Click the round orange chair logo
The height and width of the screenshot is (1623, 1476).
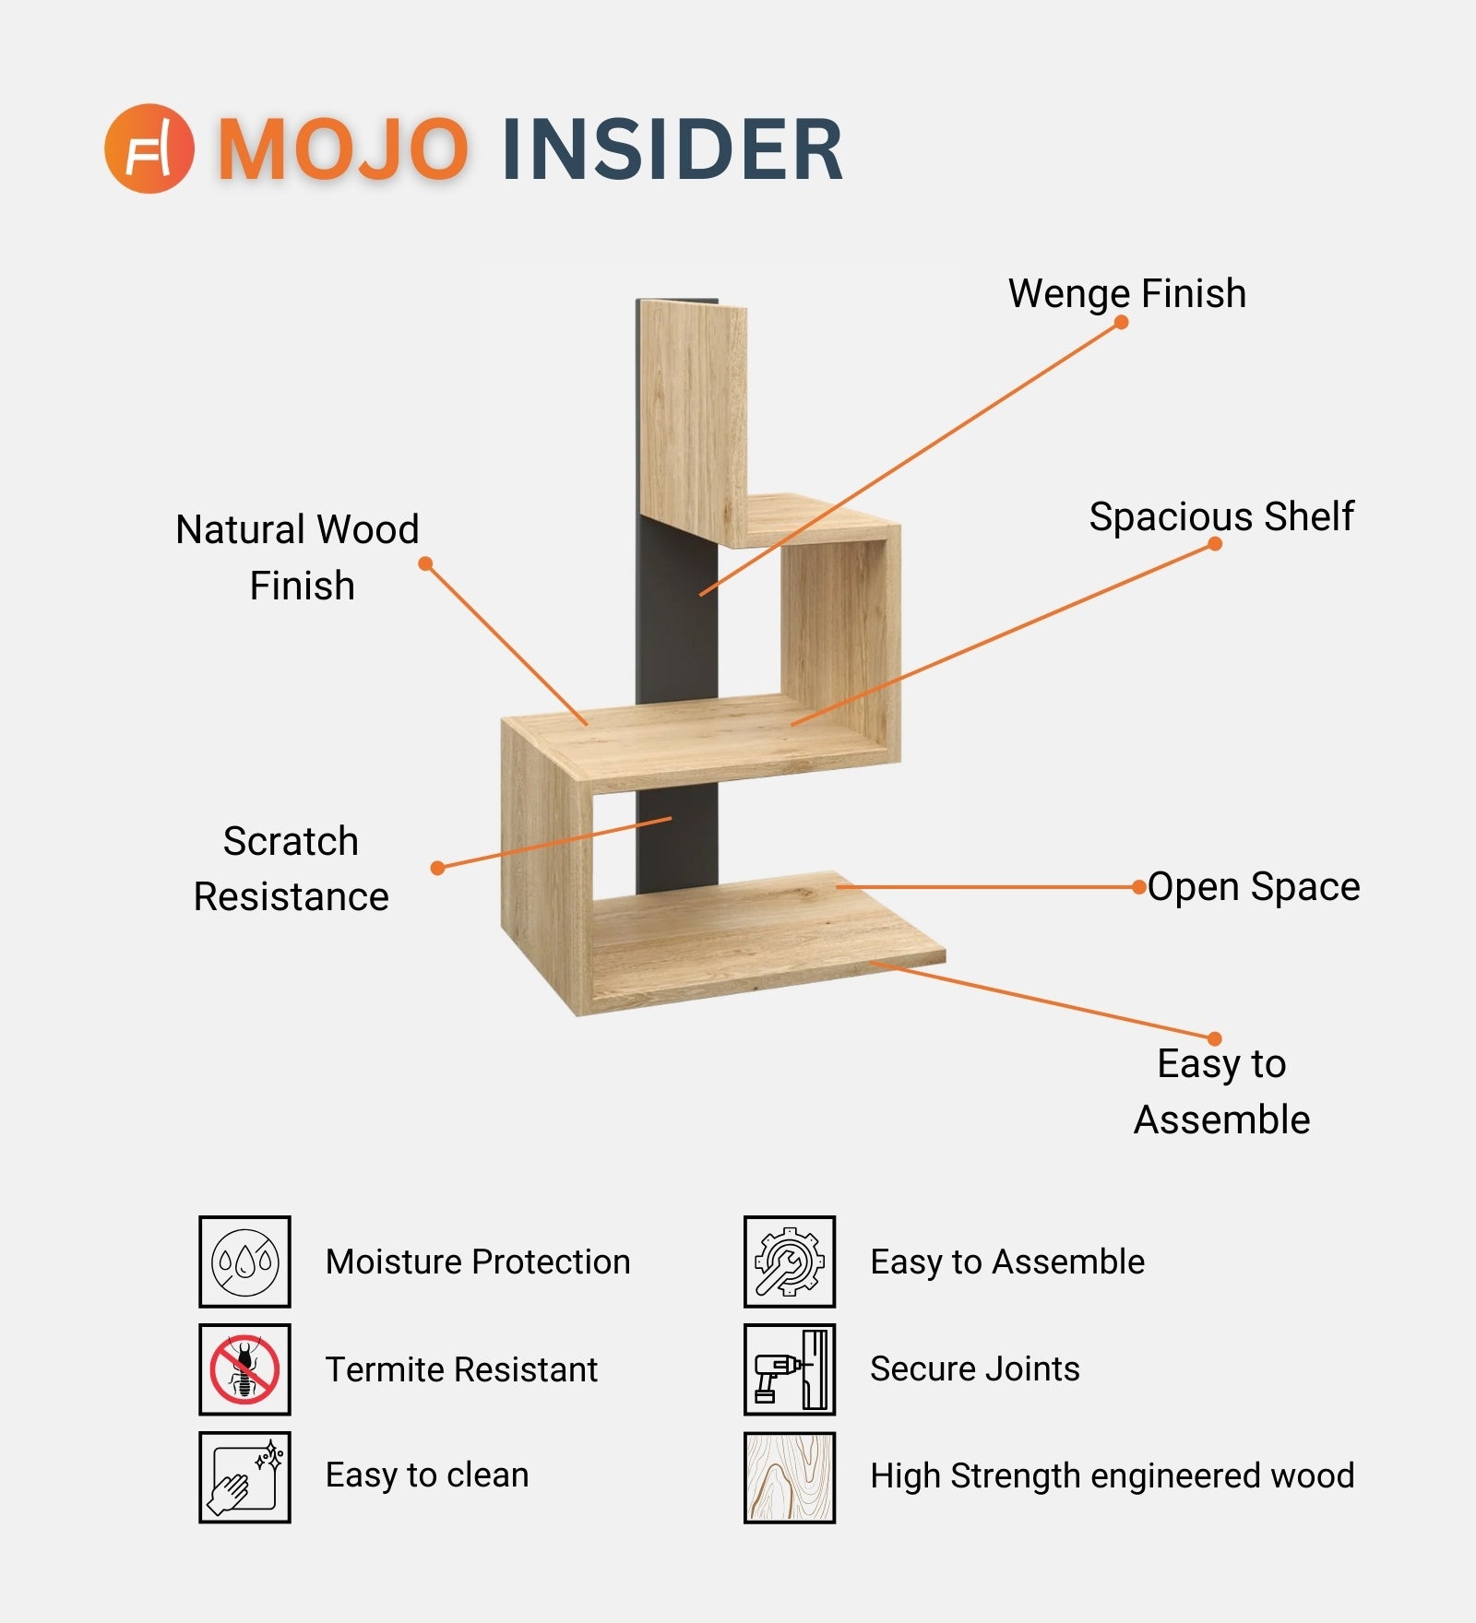(x=149, y=148)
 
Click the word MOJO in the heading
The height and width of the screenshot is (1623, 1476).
(x=342, y=149)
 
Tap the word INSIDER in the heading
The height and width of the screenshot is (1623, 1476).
(x=673, y=149)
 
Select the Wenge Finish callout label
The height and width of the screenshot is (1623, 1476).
(x=1126, y=293)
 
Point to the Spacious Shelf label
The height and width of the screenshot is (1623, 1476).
(x=1220, y=516)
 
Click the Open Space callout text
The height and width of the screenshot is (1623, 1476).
(x=1254, y=887)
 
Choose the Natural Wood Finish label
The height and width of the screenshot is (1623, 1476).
(x=298, y=557)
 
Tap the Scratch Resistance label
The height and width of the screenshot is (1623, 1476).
(x=291, y=869)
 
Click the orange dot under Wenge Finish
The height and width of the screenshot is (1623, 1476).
(x=1121, y=322)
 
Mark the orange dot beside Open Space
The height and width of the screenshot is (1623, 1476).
(x=1139, y=887)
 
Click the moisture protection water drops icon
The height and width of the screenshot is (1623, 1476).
(x=244, y=1262)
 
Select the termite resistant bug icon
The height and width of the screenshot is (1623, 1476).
(x=244, y=1369)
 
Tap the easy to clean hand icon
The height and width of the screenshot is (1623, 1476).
(x=244, y=1476)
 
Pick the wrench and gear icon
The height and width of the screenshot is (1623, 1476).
(x=789, y=1262)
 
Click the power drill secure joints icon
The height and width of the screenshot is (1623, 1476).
(x=789, y=1369)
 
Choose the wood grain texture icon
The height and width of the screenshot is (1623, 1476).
(x=789, y=1476)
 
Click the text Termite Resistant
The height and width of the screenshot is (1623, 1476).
(x=461, y=1369)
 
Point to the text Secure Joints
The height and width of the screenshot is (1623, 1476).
(x=974, y=1369)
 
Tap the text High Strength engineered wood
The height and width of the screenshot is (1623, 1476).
(x=1112, y=1476)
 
